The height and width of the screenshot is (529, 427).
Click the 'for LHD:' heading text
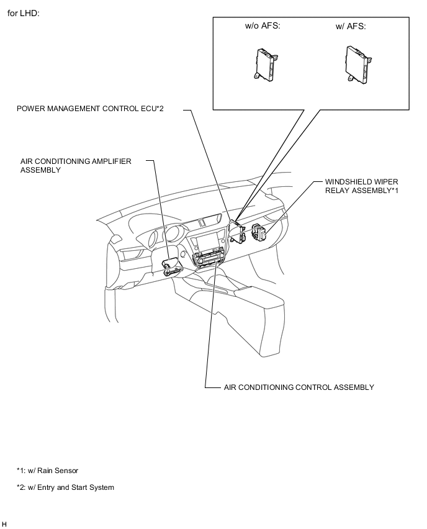click(x=23, y=13)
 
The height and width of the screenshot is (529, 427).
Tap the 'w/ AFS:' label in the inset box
click(x=351, y=26)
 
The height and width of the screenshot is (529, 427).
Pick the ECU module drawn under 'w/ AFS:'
click(x=356, y=63)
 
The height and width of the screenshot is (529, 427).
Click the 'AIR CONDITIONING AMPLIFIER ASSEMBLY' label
click(x=76, y=165)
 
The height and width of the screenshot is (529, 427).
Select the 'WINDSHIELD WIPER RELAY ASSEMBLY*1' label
click(x=361, y=186)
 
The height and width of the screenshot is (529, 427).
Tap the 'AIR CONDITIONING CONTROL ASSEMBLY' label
click(x=299, y=387)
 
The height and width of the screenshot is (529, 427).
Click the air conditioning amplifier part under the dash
click(x=171, y=267)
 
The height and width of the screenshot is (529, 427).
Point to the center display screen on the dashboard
click(x=209, y=243)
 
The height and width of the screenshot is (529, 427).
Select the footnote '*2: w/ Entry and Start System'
click(x=65, y=487)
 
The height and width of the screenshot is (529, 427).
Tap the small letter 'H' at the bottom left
click(x=4, y=525)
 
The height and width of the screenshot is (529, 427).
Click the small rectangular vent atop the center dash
click(x=207, y=222)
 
